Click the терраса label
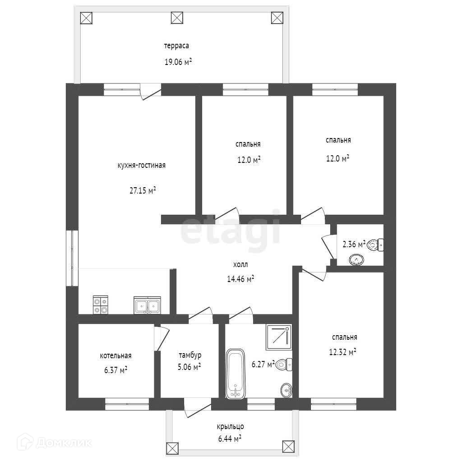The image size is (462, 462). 176,46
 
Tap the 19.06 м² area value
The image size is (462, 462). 178,62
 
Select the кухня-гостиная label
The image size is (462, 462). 141,165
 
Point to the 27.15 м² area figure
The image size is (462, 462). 143,190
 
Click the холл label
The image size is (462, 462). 240,264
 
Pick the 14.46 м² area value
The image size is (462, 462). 240,278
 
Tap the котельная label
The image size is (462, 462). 115,356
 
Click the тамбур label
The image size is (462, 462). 190,356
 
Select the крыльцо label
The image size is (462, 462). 230,427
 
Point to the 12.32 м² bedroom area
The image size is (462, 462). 342,352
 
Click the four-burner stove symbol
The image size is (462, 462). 101,305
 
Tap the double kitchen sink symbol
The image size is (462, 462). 148,305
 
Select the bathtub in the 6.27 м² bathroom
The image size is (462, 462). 236,374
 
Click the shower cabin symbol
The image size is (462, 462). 279,337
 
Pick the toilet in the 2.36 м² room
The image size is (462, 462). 375,245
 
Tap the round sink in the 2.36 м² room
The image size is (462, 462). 356,260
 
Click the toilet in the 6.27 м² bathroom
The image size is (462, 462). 283,365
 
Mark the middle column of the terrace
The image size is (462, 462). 177,18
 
